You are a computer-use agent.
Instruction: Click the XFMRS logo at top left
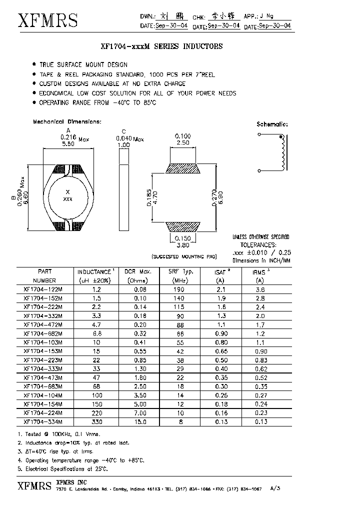[x=47, y=19]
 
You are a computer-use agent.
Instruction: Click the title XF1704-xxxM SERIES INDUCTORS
[x=161, y=46]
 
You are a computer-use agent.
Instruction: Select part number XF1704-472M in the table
[x=42, y=324]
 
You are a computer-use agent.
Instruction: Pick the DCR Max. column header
[x=138, y=271]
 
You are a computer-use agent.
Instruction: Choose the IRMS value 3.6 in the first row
[x=259, y=289]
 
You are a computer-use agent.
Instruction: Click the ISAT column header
[x=218, y=271]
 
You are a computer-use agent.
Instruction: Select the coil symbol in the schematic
[x=283, y=153]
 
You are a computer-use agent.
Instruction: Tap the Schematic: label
[x=272, y=124]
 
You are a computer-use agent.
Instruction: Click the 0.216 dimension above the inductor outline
[x=68, y=136]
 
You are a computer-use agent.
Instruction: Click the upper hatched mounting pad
[x=182, y=168]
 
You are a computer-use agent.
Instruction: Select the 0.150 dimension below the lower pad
[x=182, y=239]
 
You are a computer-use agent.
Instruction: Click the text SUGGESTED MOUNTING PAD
[x=184, y=256]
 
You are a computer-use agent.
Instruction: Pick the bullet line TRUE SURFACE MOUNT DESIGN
[x=83, y=64]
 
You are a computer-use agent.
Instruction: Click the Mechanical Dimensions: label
[x=67, y=121]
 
